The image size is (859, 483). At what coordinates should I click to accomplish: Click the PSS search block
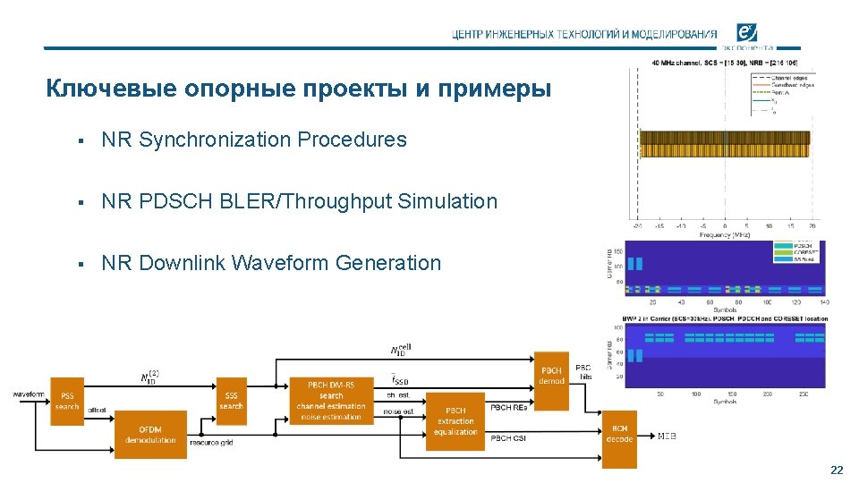click(67, 401)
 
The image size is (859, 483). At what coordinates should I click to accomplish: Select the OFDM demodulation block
click(150, 435)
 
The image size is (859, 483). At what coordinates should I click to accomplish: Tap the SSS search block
click(231, 401)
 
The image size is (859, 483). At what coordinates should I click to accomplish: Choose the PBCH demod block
click(551, 376)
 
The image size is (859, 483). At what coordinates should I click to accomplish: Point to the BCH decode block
click(619, 434)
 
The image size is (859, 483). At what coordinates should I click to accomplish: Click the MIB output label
click(668, 436)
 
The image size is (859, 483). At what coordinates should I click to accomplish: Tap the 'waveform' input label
click(29, 394)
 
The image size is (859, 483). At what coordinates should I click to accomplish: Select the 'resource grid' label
click(211, 443)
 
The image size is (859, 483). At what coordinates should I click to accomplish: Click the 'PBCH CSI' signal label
click(508, 438)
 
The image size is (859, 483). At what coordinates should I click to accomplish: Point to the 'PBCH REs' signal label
click(508, 407)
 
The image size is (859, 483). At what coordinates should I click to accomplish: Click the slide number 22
click(837, 470)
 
